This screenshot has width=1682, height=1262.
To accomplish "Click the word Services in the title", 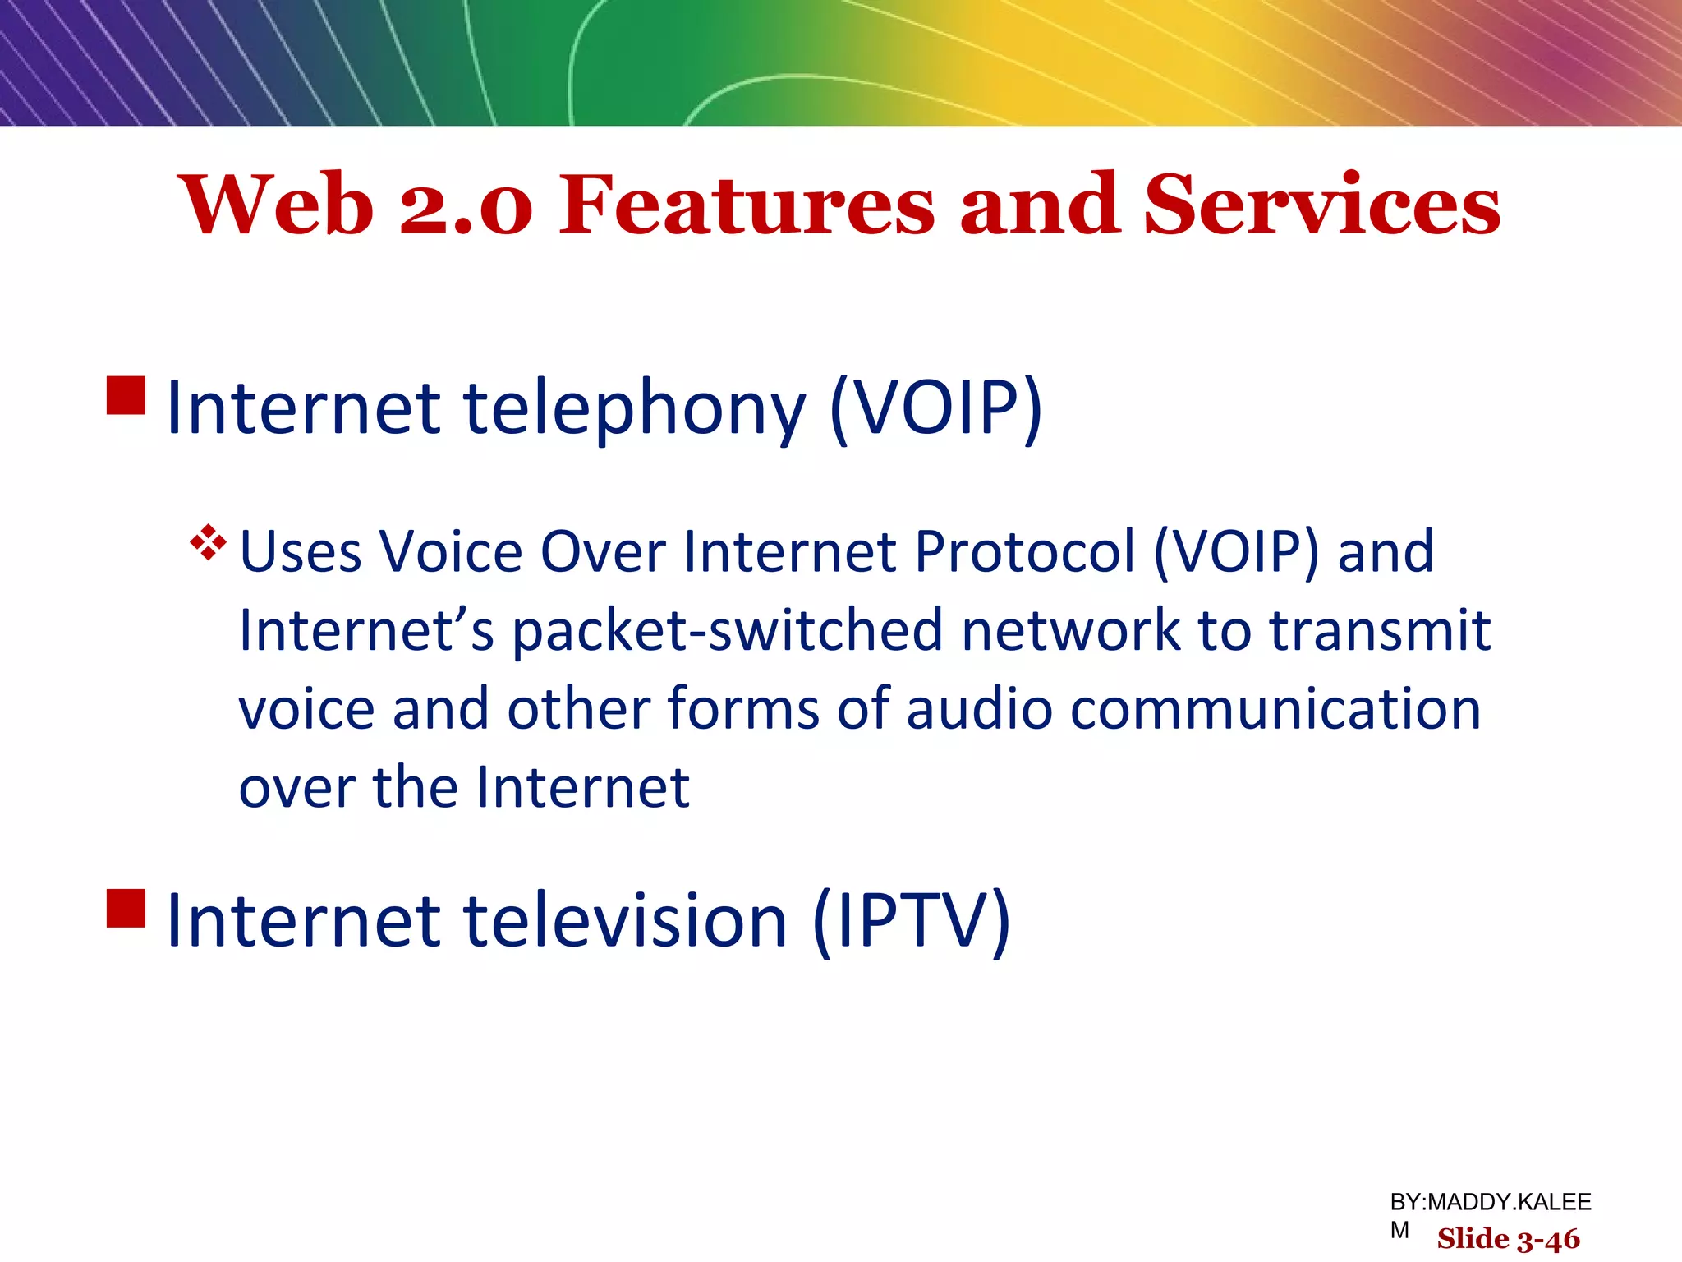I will [x=1321, y=205].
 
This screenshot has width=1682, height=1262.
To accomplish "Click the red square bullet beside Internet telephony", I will [x=126, y=395].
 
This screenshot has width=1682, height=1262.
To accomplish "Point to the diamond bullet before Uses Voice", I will [x=208, y=542].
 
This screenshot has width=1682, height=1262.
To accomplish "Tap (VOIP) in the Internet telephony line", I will [x=936, y=408].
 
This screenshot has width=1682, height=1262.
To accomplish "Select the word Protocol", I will [x=1024, y=551].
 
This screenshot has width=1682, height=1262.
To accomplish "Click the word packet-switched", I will [x=728, y=631].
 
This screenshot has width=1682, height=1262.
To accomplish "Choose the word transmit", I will [x=1379, y=631].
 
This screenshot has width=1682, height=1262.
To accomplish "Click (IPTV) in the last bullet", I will [x=911, y=921].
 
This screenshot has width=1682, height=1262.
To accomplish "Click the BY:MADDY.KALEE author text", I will [x=1490, y=1202].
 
